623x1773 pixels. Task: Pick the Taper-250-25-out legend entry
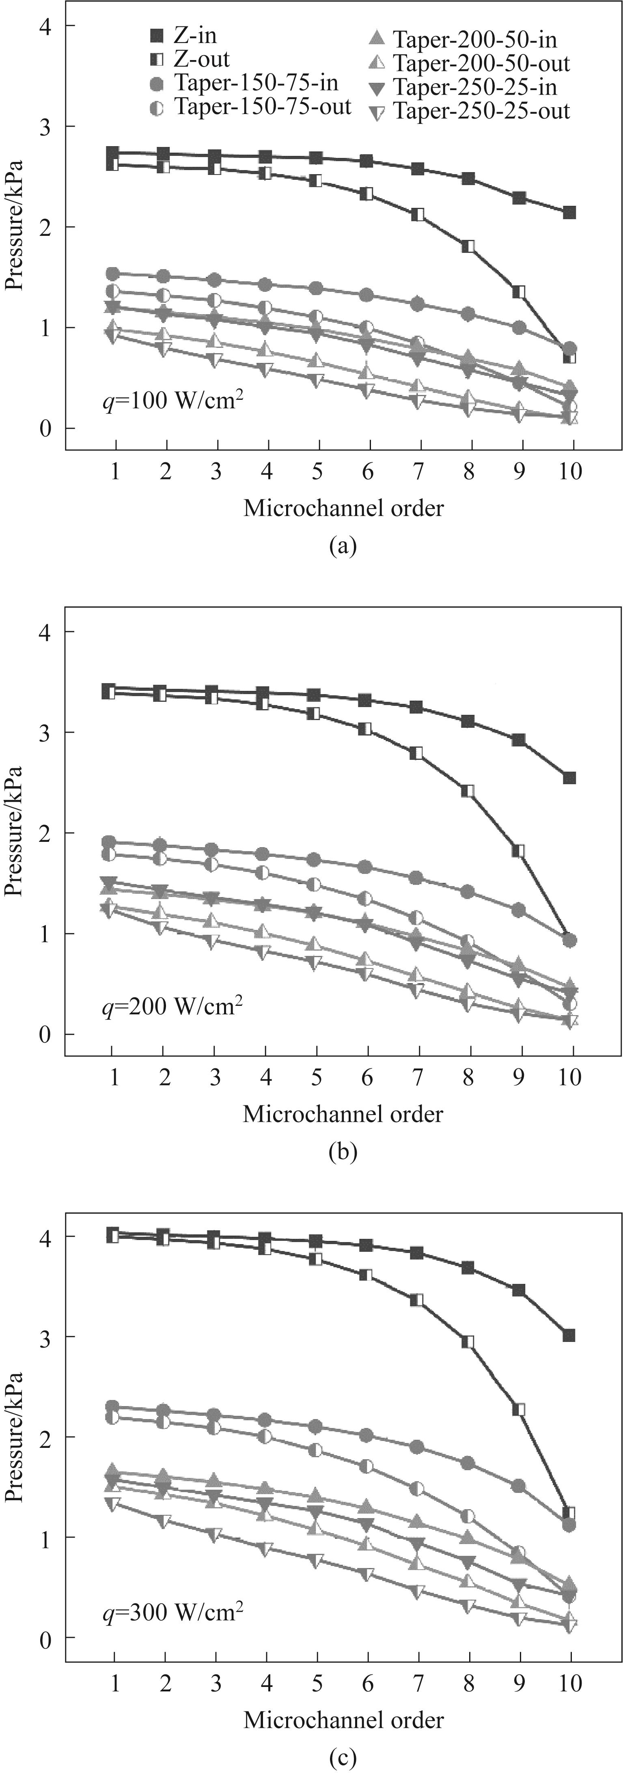pos(472,111)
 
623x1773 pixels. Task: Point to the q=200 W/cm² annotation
pos(172,1006)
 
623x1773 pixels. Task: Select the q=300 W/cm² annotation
pos(172,1612)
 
